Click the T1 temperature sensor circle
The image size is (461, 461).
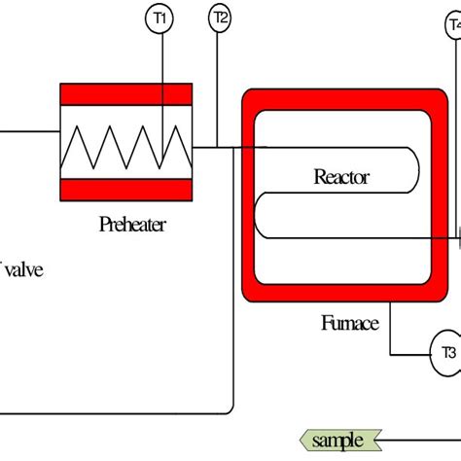(x=161, y=18)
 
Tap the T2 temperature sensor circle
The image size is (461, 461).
(x=220, y=18)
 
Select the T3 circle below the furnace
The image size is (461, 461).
(x=446, y=352)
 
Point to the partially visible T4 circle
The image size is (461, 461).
(x=454, y=26)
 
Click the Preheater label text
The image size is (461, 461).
(x=132, y=225)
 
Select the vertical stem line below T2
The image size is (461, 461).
(x=220, y=88)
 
